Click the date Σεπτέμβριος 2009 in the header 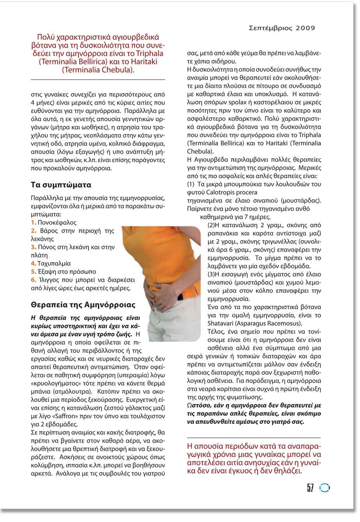(281, 28)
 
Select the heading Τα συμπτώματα (61, 185)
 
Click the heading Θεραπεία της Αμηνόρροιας (83, 305)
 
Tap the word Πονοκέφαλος (57, 223)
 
